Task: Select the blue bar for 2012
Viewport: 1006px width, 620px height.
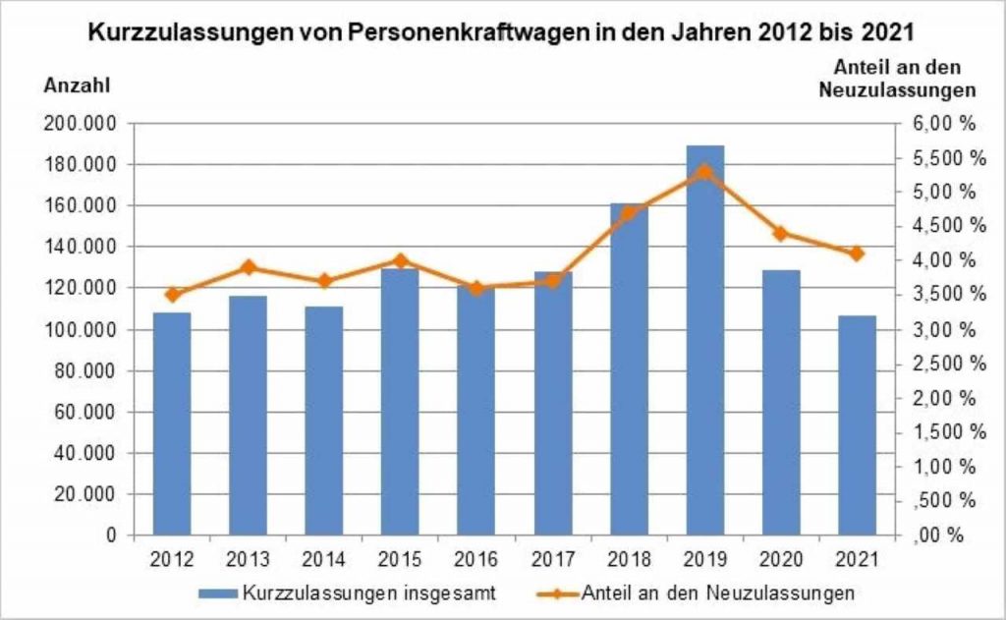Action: tap(172, 423)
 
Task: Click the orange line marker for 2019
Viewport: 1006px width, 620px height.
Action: tap(705, 172)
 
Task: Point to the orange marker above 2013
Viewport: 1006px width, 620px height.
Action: tap(249, 266)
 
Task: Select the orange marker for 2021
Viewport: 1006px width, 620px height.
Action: tap(857, 253)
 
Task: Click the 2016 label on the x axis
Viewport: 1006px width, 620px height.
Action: tap(476, 560)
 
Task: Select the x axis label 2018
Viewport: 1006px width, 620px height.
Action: tap(629, 560)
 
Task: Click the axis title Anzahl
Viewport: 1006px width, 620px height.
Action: tap(76, 85)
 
